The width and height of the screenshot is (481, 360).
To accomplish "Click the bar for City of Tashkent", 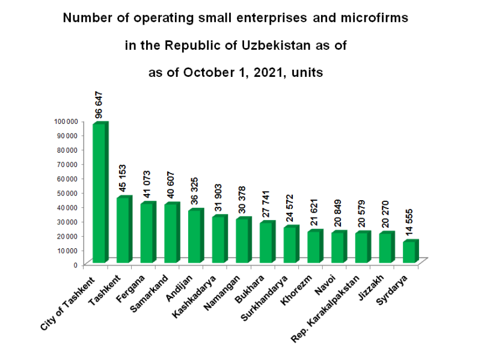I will pos(100,192).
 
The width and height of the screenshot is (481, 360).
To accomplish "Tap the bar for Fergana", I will pos(147,233).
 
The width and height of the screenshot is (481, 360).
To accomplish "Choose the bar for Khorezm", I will pos(314,246).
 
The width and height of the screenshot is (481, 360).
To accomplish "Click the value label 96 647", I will pos(100,105).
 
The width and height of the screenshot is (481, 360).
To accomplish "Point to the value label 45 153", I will pos(123,178).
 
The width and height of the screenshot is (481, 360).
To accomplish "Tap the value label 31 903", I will pos(219,198).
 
